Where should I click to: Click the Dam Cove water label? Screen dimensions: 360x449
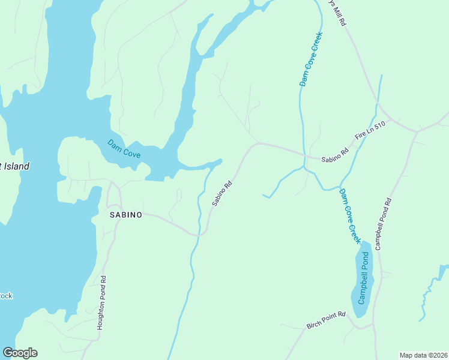[124, 149]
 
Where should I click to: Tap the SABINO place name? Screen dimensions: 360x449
[126, 214]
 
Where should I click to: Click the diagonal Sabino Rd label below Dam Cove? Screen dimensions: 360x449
[221, 194]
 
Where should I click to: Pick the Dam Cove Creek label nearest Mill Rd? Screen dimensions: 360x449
[312, 59]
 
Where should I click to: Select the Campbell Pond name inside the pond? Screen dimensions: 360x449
[363, 277]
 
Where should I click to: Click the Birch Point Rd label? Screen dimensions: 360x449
[327, 320]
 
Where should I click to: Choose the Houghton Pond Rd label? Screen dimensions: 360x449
[102, 303]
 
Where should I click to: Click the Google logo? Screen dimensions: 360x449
[20, 353]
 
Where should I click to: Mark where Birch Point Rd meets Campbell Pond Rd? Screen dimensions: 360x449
[373, 325]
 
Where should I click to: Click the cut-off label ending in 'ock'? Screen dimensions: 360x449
[6, 296]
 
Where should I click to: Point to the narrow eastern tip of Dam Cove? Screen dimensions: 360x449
[220, 161]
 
